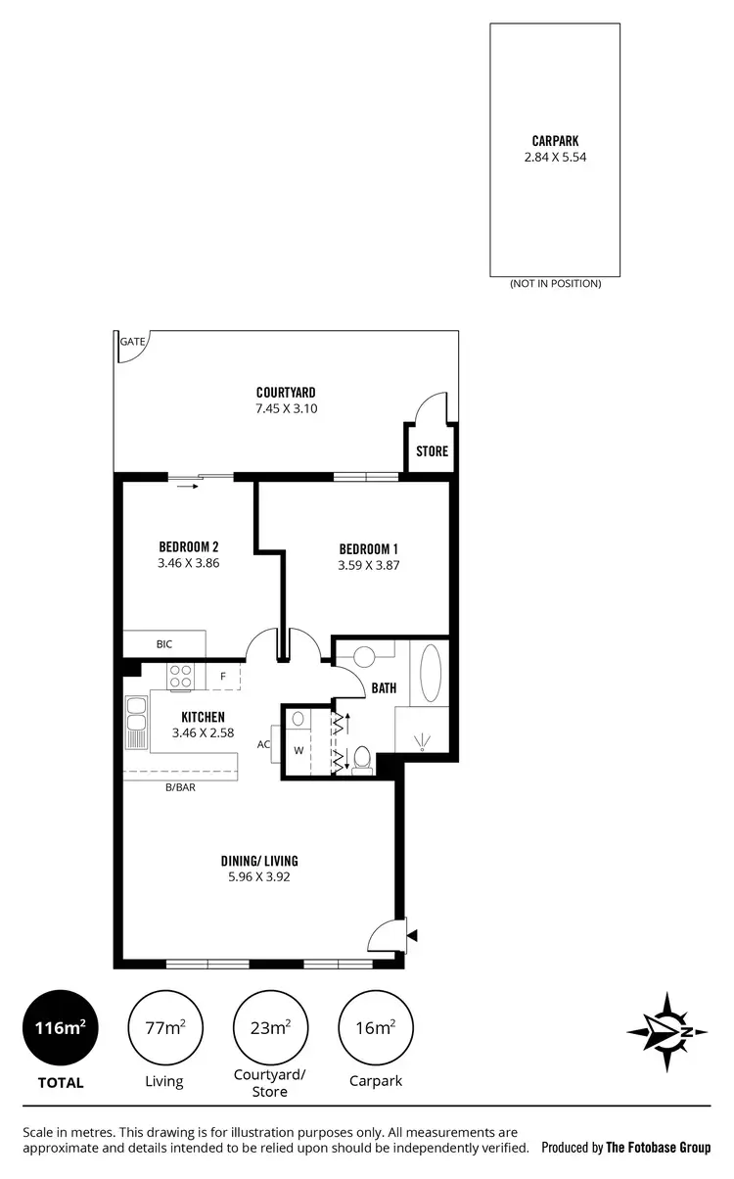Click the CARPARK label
(555, 141)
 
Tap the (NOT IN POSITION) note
(555, 283)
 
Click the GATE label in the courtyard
(131, 342)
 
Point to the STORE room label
(432, 451)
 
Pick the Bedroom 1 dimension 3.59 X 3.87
(369, 565)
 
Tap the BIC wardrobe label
(164, 644)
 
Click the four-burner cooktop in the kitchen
(181, 676)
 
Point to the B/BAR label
(181, 786)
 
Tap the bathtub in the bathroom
(431, 673)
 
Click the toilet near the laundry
(361, 759)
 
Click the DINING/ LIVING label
(258, 862)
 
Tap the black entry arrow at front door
(412, 936)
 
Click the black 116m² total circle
(61, 1027)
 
